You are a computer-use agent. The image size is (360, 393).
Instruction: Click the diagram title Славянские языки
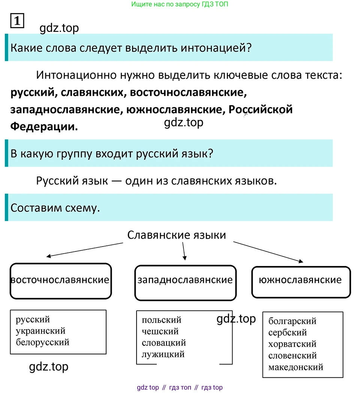tap(177, 235)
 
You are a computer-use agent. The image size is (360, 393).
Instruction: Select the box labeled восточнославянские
tap(61, 281)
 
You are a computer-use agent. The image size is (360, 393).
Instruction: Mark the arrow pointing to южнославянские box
tap(268, 252)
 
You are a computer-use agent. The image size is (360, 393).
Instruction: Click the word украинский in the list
tap(41, 331)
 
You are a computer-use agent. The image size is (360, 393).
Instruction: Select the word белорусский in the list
tap(43, 342)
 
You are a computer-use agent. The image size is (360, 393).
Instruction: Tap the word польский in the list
tap(162, 320)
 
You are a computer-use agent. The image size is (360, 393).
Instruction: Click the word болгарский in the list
tap(292, 321)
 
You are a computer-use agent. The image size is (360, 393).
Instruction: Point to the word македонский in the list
tap(296, 367)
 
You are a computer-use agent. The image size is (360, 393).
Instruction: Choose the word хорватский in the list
tap(292, 344)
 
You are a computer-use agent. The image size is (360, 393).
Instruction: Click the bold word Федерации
tap(44, 127)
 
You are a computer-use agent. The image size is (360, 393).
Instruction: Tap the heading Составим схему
tap(55, 208)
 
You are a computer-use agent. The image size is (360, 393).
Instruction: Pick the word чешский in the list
tap(160, 331)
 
